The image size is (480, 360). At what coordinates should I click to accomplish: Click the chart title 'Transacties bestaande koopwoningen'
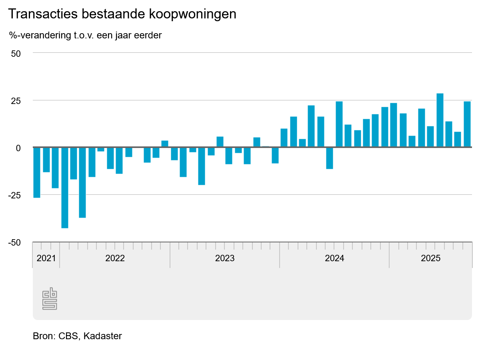(x=122, y=14)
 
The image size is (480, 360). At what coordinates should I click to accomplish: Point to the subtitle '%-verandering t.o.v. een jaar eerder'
(x=85, y=35)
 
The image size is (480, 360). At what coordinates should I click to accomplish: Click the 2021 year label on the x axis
(x=46, y=258)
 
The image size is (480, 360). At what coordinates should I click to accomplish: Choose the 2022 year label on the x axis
(x=115, y=258)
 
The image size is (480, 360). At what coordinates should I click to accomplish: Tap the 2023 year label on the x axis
(x=225, y=258)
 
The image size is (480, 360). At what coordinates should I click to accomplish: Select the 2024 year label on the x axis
(x=334, y=258)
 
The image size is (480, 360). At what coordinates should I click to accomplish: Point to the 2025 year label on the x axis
(x=430, y=258)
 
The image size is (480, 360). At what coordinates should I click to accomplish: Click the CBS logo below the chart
(x=50, y=298)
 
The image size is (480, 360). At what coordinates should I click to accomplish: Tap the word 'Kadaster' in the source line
(x=103, y=336)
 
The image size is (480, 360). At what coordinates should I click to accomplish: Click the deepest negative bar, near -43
(x=64, y=188)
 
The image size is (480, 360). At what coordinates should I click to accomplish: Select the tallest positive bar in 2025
(x=440, y=120)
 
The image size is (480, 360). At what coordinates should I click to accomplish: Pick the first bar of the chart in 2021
(x=37, y=172)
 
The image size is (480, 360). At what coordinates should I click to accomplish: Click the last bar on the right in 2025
(x=467, y=124)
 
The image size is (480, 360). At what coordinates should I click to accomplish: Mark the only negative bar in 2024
(x=330, y=158)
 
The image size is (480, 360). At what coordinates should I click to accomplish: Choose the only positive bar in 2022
(x=165, y=144)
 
